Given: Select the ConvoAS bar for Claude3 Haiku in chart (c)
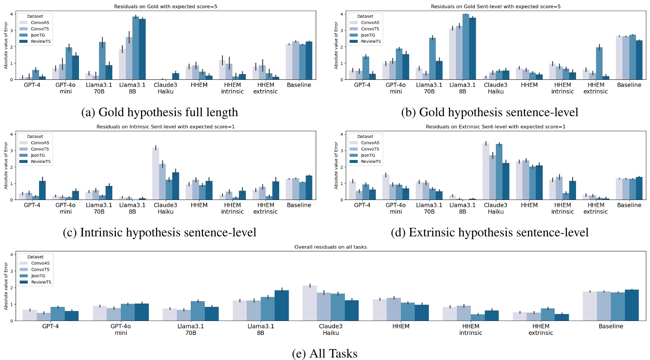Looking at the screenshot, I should coord(155,174).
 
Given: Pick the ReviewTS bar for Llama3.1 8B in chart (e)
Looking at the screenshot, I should coord(282,306).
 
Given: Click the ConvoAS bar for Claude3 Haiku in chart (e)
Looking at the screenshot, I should coord(310,303).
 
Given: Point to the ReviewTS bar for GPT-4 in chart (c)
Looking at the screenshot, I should coord(42,190).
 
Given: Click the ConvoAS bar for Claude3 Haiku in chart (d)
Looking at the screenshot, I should coord(486,172).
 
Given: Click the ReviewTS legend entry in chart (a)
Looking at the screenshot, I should coord(41,42).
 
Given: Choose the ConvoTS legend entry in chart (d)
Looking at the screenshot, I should coord(370,149).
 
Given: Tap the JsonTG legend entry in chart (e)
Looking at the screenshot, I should coord(38,276).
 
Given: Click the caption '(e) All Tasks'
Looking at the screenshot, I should coord(324,354).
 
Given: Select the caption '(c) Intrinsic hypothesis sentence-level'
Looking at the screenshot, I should coord(160,232).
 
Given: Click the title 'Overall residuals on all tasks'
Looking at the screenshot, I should coord(331,247).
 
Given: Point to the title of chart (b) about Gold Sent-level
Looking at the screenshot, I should coord(495,7).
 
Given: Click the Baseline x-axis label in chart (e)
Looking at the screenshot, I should coord(611,326).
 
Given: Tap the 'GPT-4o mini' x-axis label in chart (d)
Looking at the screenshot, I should coord(396,208).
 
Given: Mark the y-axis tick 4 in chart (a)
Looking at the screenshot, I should coord(12,14).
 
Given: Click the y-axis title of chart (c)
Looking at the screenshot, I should coord(6,165).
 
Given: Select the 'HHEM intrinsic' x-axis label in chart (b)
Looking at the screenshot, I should coord(562,88).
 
